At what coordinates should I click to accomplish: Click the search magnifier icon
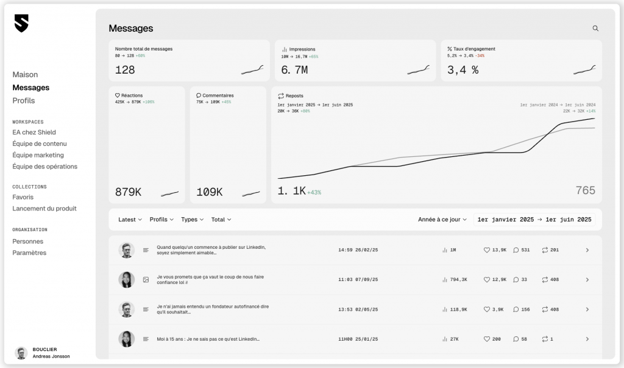click(595, 29)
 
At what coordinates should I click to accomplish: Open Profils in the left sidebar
click(24, 100)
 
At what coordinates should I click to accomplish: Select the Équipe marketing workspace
click(38, 155)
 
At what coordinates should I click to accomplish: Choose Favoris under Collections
click(23, 197)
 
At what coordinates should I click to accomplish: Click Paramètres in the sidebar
click(29, 253)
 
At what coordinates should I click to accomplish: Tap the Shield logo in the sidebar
click(21, 23)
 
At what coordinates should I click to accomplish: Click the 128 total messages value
click(125, 70)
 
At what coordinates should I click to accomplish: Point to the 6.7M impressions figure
click(294, 70)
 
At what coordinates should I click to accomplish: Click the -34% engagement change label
click(480, 56)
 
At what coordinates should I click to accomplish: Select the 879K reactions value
click(128, 192)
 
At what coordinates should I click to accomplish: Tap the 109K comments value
click(209, 192)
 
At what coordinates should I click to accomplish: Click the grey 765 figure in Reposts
click(585, 190)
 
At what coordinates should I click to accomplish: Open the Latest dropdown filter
click(130, 220)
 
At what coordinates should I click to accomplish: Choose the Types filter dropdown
click(193, 220)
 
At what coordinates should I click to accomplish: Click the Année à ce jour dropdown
click(442, 220)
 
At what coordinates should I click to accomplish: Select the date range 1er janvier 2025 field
click(534, 220)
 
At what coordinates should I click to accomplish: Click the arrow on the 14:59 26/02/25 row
click(587, 250)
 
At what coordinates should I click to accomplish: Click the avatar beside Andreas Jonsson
click(21, 353)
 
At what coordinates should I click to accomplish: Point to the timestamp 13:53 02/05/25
click(358, 310)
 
